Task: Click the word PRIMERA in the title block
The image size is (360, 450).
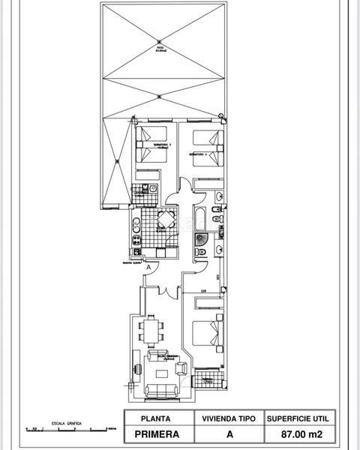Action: pyautogui.click(x=157, y=433)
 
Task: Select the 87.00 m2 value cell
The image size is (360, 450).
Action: pyautogui.click(x=295, y=433)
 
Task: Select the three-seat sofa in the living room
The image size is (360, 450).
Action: pyautogui.click(x=160, y=390)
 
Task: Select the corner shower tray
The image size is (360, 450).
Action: pyautogui.click(x=201, y=239)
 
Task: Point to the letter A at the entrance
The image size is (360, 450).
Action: pyautogui.click(x=149, y=267)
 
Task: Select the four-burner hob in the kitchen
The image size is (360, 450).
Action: pyautogui.click(x=137, y=240)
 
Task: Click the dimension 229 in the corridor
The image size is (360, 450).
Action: pyautogui.click(x=203, y=290)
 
